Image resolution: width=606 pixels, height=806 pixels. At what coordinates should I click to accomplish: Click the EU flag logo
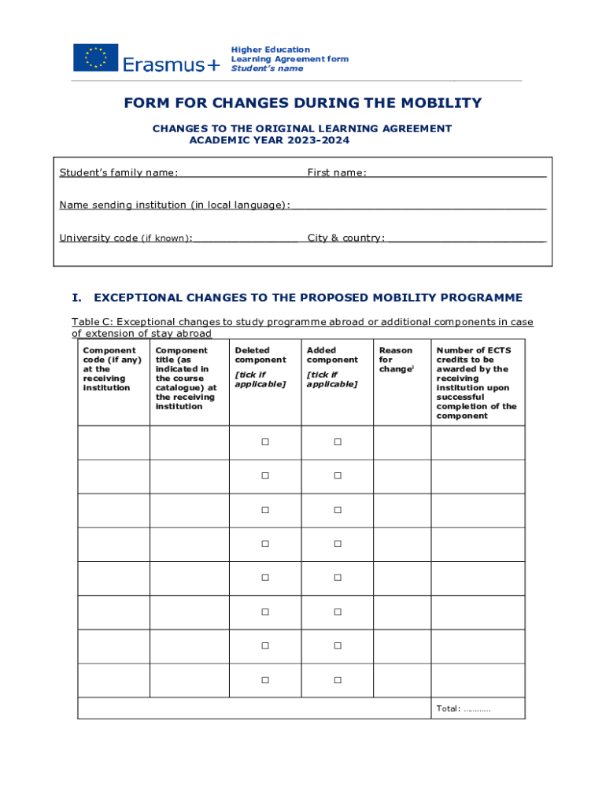pos(95,57)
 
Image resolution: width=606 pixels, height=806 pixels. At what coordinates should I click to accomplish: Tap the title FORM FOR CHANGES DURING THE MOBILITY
pos(302,103)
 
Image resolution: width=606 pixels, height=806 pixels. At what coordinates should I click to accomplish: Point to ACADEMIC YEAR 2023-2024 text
pos(269,140)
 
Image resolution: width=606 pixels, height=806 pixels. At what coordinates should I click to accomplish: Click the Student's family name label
pos(119,172)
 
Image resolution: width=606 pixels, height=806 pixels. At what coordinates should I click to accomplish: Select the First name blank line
pos(457,175)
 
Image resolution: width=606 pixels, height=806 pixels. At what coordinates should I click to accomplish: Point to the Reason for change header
pos(396,360)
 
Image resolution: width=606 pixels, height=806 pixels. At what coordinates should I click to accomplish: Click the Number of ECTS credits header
pos(477,383)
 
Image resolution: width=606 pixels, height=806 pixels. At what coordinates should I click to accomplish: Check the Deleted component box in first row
pos(265,442)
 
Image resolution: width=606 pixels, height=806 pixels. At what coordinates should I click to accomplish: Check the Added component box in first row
pos(337,442)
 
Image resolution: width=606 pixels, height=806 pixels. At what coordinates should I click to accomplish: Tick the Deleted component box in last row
pos(265,680)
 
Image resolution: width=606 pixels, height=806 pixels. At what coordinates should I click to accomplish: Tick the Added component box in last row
pos(337,680)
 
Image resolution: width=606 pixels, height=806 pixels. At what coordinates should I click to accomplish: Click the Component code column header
pos(109,368)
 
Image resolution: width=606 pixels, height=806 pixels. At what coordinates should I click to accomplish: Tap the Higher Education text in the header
pos(270,50)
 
